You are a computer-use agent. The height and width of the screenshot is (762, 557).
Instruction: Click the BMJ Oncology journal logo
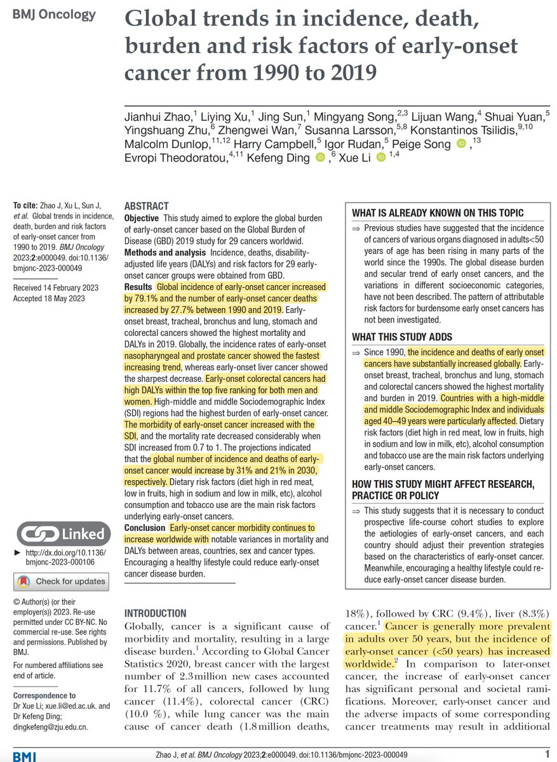point(54,14)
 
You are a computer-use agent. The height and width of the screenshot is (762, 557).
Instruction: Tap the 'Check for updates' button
point(61,580)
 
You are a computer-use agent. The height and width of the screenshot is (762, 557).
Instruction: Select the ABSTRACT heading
point(147,206)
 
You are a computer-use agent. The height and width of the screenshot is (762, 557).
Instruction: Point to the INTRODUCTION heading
point(155,613)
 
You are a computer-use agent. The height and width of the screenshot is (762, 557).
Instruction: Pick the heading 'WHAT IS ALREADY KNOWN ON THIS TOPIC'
point(438,213)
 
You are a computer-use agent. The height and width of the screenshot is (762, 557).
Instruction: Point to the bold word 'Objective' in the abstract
point(145,217)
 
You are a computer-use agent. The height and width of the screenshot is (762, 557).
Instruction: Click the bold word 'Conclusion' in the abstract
point(145,528)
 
